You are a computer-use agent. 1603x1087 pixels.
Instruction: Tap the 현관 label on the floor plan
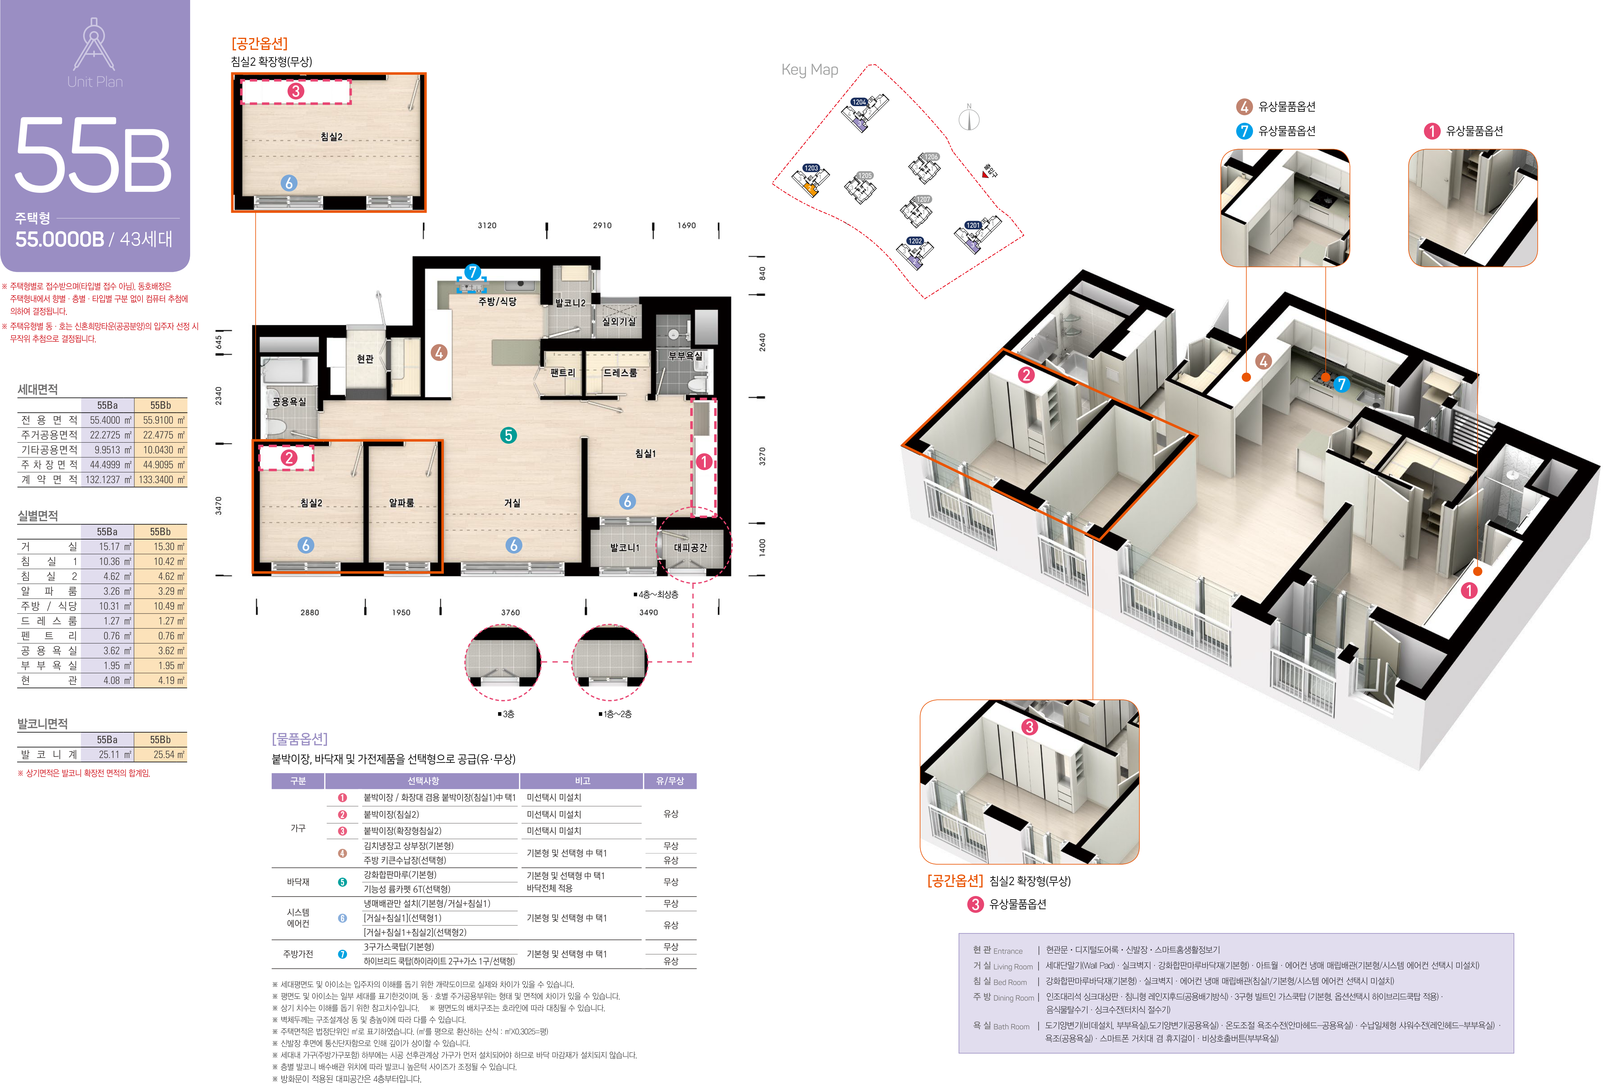pos(365,359)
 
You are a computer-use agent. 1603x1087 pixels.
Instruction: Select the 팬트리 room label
pos(562,372)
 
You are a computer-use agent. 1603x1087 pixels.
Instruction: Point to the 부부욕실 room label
pos(685,356)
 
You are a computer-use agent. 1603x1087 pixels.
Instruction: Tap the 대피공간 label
pos(690,548)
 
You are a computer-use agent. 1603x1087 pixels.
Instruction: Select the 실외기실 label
pos(619,321)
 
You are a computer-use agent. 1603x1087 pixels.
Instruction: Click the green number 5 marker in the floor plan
pos(508,435)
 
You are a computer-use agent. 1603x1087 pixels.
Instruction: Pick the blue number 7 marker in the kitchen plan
pos(472,273)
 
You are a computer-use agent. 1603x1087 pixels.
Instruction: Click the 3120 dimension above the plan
pos(487,225)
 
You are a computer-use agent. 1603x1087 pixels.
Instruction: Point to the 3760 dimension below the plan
pos(510,613)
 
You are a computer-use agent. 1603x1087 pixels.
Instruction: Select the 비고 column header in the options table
pos(582,781)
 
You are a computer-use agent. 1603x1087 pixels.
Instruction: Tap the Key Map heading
pos(810,70)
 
